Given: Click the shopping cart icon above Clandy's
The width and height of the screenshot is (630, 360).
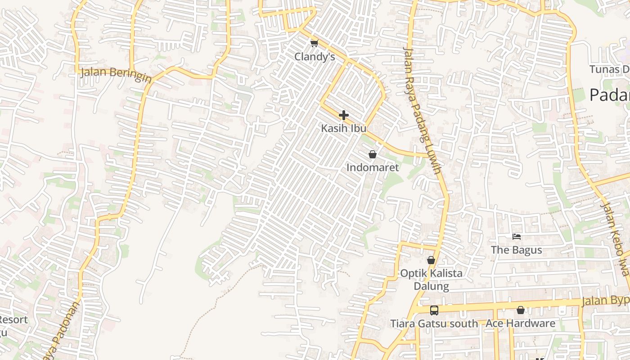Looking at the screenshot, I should click(314, 43).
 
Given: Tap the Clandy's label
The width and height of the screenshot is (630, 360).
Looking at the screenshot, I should click(315, 57).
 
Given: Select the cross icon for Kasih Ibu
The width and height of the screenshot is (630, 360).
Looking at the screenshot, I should click(344, 115).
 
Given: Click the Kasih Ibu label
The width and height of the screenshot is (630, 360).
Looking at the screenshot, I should click(343, 128).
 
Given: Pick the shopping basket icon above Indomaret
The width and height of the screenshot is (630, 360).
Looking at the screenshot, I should click(373, 154).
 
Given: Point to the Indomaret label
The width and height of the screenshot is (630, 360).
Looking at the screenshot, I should click(373, 167).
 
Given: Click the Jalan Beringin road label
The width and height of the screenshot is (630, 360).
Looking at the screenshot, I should click(116, 74).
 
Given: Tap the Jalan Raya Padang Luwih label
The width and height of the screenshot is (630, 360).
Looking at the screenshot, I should click(422, 110).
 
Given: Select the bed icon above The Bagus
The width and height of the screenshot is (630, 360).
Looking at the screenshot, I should click(517, 236).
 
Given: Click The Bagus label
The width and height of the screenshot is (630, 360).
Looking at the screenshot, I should click(516, 250).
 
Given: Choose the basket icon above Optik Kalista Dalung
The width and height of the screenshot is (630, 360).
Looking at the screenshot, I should click(431, 260).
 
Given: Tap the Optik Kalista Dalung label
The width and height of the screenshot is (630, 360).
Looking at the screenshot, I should click(431, 279).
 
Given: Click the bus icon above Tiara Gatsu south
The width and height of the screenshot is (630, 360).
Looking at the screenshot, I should click(434, 310).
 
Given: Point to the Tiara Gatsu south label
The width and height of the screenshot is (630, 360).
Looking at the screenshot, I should click(434, 323).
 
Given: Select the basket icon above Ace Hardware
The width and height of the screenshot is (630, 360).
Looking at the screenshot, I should click(521, 310).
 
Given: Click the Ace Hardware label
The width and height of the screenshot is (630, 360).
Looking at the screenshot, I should click(520, 323).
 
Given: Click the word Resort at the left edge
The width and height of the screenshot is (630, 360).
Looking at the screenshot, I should click(13, 320).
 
